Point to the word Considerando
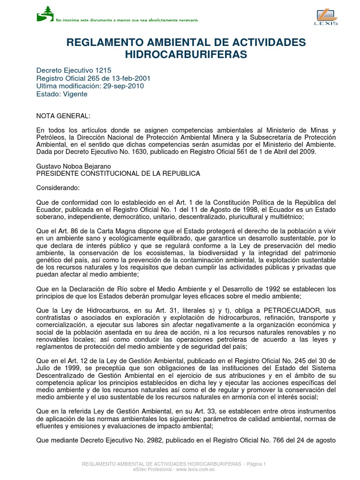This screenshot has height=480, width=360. [x=58, y=188]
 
